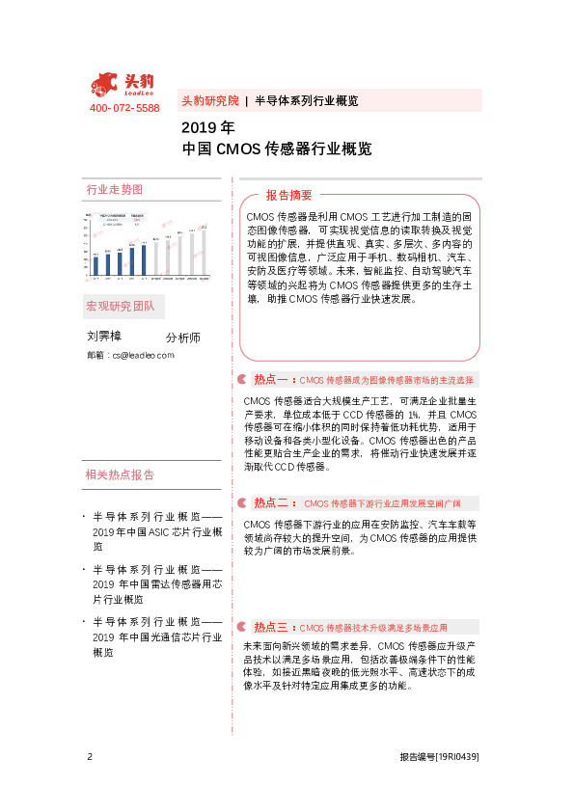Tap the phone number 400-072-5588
click(x=123, y=109)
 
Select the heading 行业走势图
click(x=114, y=189)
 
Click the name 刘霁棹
click(x=104, y=337)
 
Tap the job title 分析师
click(x=182, y=338)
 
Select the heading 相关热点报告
click(x=120, y=475)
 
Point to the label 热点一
click(x=269, y=380)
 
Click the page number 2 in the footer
click(x=89, y=757)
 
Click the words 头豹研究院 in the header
click(x=209, y=99)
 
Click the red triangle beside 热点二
click(x=243, y=503)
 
